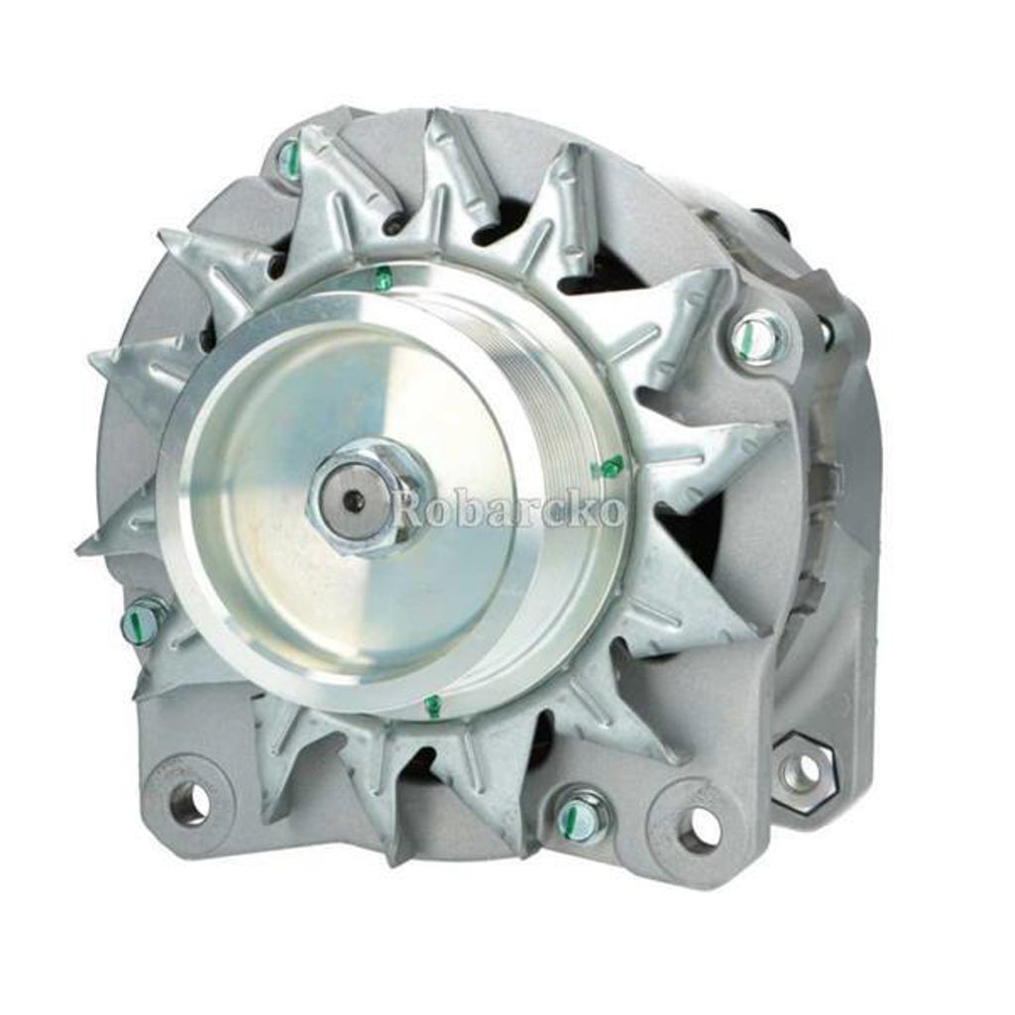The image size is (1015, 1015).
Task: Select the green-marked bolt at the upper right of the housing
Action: click(x=758, y=337)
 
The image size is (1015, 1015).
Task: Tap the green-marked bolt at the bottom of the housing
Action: click(x=578, y=815)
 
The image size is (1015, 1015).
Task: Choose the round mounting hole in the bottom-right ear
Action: click(x=700, y=828)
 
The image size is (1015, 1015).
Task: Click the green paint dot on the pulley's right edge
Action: click(x=610, y=465)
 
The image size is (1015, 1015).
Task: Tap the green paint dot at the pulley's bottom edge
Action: click(x=432, y=706)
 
